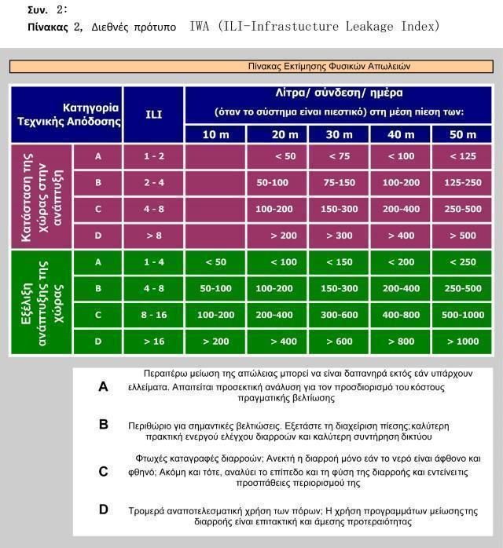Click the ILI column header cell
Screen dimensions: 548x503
(154, 113)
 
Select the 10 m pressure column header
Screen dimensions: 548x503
(215, 134)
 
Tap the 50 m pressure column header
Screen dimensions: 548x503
(462, 134)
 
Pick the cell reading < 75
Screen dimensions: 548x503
(339, 155)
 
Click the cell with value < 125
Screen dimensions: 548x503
(462, 155)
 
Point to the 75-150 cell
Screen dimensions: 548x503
(339, 182)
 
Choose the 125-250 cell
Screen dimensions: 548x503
(462, 182)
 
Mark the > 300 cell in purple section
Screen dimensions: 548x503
(339, 235)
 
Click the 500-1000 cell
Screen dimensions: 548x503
(462, 315)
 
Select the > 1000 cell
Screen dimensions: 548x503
(462, 342)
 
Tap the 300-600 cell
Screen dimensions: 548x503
(339, 315)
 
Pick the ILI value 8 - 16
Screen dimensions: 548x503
(154, 315)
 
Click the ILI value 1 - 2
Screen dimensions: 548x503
(154, 155)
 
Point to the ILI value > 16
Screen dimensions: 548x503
(154, 342)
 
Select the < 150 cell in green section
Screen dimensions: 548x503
(339, 261)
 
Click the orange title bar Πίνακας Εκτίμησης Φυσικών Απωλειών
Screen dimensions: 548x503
(251, 67)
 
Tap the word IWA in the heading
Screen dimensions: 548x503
(200, 26)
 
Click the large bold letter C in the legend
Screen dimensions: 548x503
(103, 471)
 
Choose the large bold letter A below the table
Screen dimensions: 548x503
(103, 386)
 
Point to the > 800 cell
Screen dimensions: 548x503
(401, 342)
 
